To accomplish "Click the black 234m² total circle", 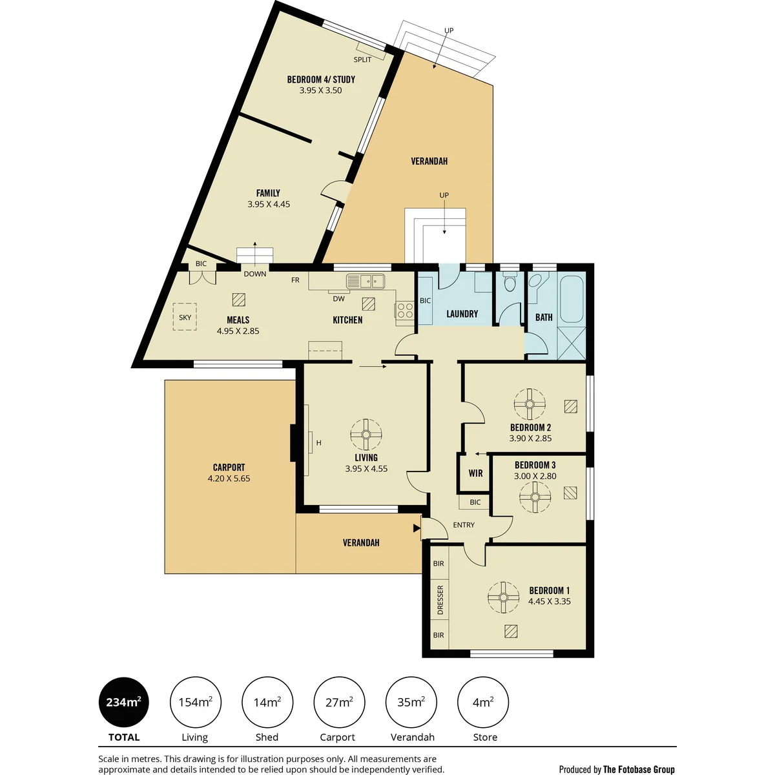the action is (x=123, y=702).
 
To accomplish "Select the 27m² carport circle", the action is (x=339, y=702).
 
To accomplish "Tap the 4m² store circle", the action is (x=483, y=702).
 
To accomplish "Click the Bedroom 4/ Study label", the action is (x=321, y=79).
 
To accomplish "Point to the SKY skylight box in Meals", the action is (x=185, y=317).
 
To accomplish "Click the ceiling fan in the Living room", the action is (x=366, y=435).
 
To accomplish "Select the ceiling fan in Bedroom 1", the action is (x=503, y=597).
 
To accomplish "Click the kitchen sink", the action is (x=365, y=281).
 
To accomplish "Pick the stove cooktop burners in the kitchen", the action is (x=405, y=311).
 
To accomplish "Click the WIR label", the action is (x=475, y=473).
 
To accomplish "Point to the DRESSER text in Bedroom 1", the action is (x=440, y=599).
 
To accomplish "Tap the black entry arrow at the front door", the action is (x=417, y=528).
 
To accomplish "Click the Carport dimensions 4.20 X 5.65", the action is (x=229, y=479).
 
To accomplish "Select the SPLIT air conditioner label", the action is (x=362, y=59).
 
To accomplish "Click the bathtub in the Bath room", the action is (x=572, y=299).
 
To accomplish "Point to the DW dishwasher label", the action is (x=338, y=299).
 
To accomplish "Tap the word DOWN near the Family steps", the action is (x=255, y=274).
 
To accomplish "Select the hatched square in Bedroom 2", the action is (x=571, y=407).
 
